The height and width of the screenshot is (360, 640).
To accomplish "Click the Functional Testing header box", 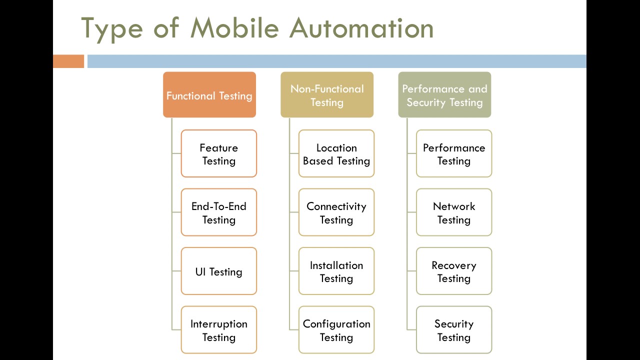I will click(x=209, y=95).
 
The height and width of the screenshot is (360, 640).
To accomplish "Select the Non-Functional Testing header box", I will click(x=327, y=95).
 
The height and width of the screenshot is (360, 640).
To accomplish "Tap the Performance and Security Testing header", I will click(x=444, y=95).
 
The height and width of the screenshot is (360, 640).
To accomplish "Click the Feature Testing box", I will click(x=219, y=153).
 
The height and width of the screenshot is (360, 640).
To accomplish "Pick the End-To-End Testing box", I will click(x=219, y=212).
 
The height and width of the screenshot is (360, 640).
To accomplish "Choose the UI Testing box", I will click(x=219, y=271).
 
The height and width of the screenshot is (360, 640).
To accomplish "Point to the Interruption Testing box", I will click(x=219, y=330).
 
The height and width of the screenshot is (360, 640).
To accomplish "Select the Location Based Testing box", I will click(x=336, y=153).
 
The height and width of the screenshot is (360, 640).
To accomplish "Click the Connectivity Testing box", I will click(x=336, y=212).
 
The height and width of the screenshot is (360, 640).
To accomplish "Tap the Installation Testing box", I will click(x=336, y=271).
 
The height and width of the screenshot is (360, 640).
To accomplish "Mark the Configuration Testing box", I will click(x=336, y=330).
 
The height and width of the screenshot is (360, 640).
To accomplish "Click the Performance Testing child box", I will click(x=454, y=153).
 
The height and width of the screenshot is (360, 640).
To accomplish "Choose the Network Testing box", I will click(x=454, y=212).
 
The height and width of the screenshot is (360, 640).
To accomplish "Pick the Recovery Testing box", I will click(x=454, y=271).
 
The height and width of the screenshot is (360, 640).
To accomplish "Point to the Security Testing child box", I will click(x=454, y=330).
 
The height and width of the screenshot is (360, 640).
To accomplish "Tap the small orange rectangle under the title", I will click(x=68, y=61).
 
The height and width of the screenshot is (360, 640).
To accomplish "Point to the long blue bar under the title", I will click(x=336, y=61).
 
